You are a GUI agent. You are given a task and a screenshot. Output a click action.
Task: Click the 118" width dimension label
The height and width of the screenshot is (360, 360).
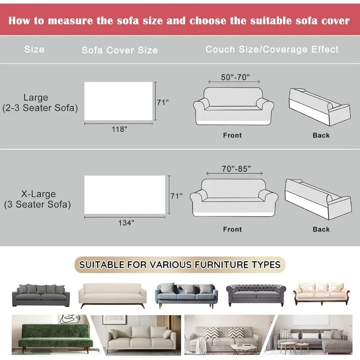tap(119, 129)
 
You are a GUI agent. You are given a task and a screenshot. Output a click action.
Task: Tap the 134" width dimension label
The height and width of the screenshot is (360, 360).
tap(126, 223)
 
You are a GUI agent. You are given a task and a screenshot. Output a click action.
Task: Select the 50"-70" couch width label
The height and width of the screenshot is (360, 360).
tap(235, 77)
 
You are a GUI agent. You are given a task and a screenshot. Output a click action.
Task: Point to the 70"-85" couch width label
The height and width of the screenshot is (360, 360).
tap(236, 169)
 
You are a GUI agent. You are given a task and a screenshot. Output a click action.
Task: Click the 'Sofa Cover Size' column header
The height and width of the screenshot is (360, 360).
tap(120, 50)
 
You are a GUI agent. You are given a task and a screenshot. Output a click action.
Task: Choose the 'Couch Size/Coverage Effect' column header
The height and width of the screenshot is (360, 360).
tap(272, 49)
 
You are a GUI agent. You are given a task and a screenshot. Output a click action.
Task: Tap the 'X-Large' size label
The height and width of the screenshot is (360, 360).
tap(38, 194)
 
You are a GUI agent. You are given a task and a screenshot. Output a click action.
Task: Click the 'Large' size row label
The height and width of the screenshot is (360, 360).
tap(36, 97)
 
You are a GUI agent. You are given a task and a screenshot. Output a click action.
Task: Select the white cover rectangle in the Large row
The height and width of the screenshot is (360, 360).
tap(118, 101)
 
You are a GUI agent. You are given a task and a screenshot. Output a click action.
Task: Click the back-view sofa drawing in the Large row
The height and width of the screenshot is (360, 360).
tap(319, 106)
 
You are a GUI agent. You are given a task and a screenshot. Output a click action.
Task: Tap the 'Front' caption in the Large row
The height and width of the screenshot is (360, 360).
tap(232, 135)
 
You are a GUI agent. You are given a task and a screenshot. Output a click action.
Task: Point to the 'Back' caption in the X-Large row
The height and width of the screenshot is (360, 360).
tap(321, 229)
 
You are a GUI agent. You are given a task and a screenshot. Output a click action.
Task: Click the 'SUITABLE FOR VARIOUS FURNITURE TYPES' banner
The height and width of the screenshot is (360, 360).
tap(180, 264)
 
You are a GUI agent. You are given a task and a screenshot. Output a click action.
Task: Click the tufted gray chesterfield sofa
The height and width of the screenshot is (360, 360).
tap(256, 294)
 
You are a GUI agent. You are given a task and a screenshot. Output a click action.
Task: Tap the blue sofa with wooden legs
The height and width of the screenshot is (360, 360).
tap(186, 294)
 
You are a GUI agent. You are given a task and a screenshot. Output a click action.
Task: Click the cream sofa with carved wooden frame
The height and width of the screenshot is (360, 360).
tap(322, 294)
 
